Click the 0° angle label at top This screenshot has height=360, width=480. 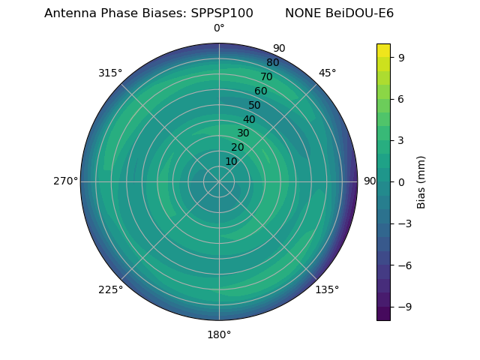click(x=219, y=28)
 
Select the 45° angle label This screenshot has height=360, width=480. click(x=327, y=73)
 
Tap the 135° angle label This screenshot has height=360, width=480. click(x=327, y=289)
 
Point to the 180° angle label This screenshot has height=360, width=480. click(x=219, y=334)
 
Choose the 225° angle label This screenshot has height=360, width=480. click(x=110, y=289)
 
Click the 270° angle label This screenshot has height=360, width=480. click(x=65, y=181)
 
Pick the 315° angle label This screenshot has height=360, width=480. click(x=110, y=73)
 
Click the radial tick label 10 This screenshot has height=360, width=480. click(x=231, y=161)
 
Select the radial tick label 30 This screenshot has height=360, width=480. click(x=243, y=133)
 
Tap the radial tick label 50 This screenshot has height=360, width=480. click(x=255, y=106)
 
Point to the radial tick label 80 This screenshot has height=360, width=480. click(x=272, y=63)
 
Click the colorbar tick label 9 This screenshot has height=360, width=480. click(x=402, y=57)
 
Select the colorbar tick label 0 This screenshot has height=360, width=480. click(x=402, y=181)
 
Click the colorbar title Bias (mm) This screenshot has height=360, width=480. click(x=421, y=181)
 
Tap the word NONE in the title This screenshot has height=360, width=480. click(x=302, y=13)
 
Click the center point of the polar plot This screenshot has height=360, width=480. click(x=219, y=181)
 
